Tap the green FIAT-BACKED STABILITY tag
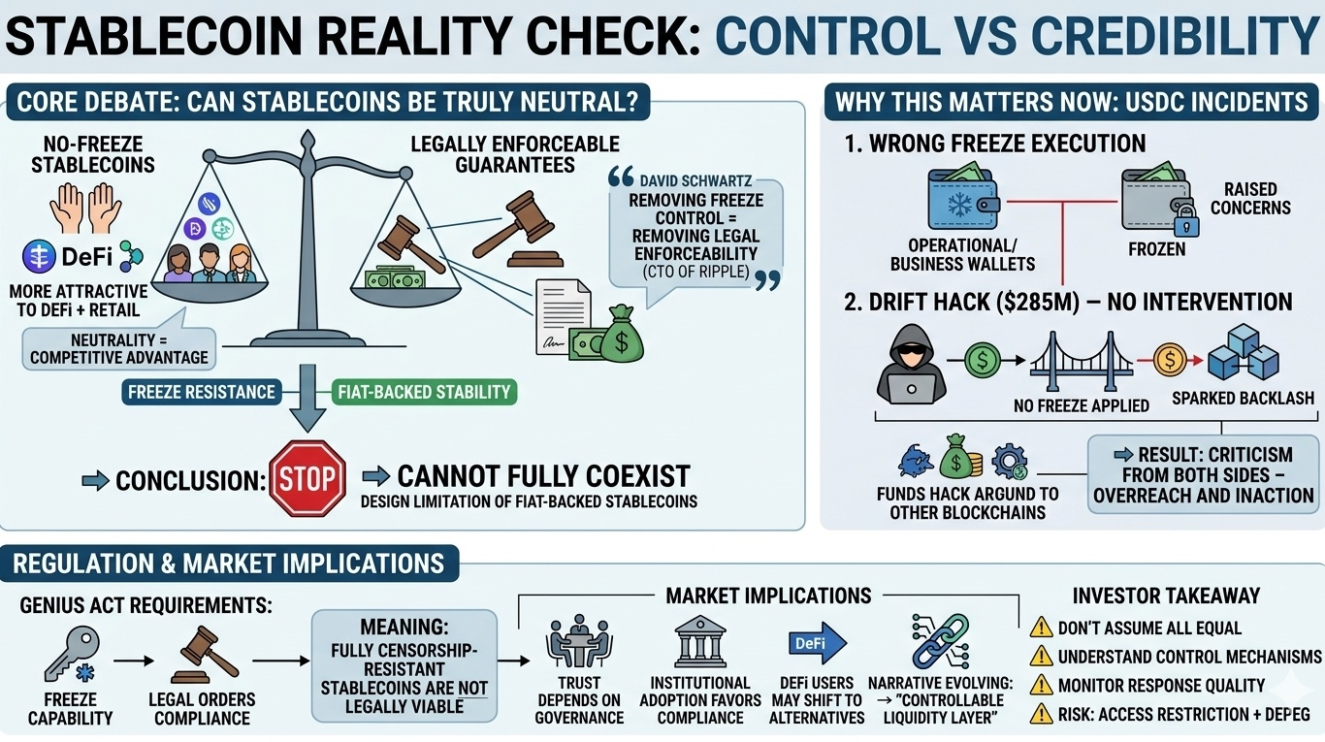tap(423, 393)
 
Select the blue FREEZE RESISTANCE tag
tap(201, 393)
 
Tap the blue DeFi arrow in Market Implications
tap(817, 644)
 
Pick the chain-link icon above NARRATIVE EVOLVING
tap(939, 641)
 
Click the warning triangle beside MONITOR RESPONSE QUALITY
tap(1041, 685)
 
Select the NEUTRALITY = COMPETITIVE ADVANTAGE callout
tap(118, 349)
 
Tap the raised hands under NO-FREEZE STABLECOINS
tap(91, 208)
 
